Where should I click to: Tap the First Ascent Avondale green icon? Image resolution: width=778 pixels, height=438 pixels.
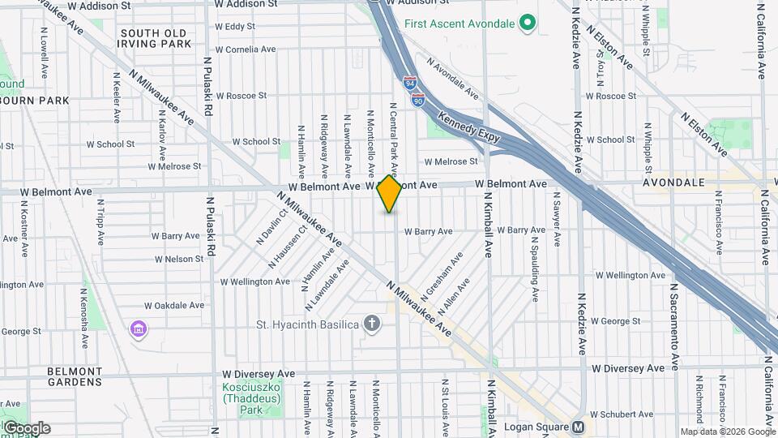(528, 23)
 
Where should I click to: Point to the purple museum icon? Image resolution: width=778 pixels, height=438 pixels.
(139, 329)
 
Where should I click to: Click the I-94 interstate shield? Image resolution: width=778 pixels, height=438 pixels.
(411, 83)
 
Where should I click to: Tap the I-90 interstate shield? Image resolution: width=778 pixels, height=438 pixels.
(417, 100)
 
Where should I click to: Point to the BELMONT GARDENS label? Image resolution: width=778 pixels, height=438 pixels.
(86, 376)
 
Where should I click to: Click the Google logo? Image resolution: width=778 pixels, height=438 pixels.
(27, 427)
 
